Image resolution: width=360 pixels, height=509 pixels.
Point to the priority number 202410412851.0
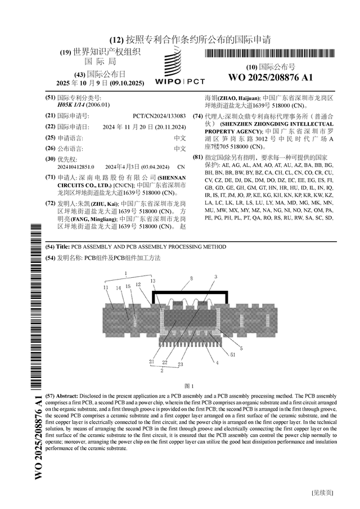pyautogui.click(x=76, y=167)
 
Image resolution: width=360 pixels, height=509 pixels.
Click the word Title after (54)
pyautogui.click(x=62, y=247)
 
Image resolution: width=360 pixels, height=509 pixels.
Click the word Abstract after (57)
pyautogui.click(x=68, y=395)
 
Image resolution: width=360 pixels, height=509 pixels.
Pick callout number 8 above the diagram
pyautogui.click(x=191, y=278)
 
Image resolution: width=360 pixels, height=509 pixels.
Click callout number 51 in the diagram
pyautogui.click(x=233, y=354)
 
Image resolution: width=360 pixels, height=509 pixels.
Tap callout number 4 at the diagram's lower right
pyautogui.click(x=217, y=362)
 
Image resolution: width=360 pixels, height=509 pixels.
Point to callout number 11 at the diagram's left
pyautogui.click(x=106, y=287)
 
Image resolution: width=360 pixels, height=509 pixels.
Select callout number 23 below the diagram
pyautogui.click(x=180, y=364)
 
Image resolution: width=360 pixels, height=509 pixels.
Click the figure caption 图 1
pyautogui.click(x=189, y=386)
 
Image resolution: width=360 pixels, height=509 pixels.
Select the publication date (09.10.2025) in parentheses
pyautogui.click(x=127, y=83)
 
